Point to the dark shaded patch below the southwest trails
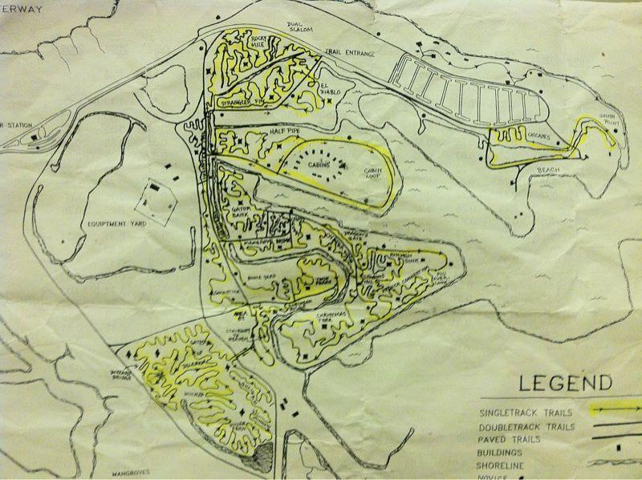[x=262, y=457]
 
